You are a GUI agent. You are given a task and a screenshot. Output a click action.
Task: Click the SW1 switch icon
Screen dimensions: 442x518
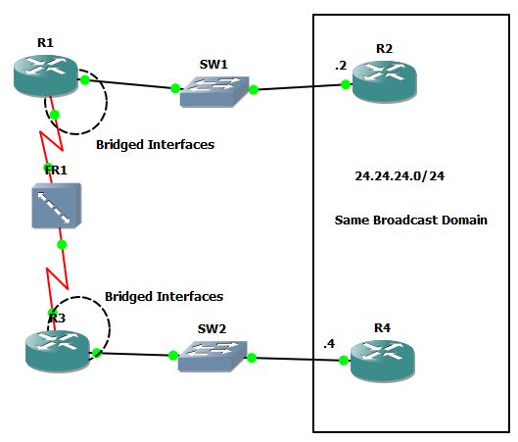tap(213, 88)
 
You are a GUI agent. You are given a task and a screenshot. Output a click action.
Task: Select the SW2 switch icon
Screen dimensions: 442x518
tap(212, 356)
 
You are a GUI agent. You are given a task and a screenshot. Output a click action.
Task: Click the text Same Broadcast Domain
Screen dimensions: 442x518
tap(410, 221)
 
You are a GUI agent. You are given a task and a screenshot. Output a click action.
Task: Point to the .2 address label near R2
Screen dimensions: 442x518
tap(340, 65)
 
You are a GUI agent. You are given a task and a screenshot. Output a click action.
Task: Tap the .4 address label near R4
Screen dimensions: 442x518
tap(331, 343)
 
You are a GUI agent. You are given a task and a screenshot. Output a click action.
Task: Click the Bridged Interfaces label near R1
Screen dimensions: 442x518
tap(155, 144)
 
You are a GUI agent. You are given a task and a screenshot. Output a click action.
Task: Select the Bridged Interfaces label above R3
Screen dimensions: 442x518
tap(164, 296)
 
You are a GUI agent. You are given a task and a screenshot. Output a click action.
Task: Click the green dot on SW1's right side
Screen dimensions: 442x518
tap(253, 90)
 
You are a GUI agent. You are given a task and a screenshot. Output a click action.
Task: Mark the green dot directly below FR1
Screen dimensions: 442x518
tap(62, 244)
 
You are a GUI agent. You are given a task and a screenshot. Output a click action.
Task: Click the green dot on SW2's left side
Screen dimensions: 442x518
tap(171, 355)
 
